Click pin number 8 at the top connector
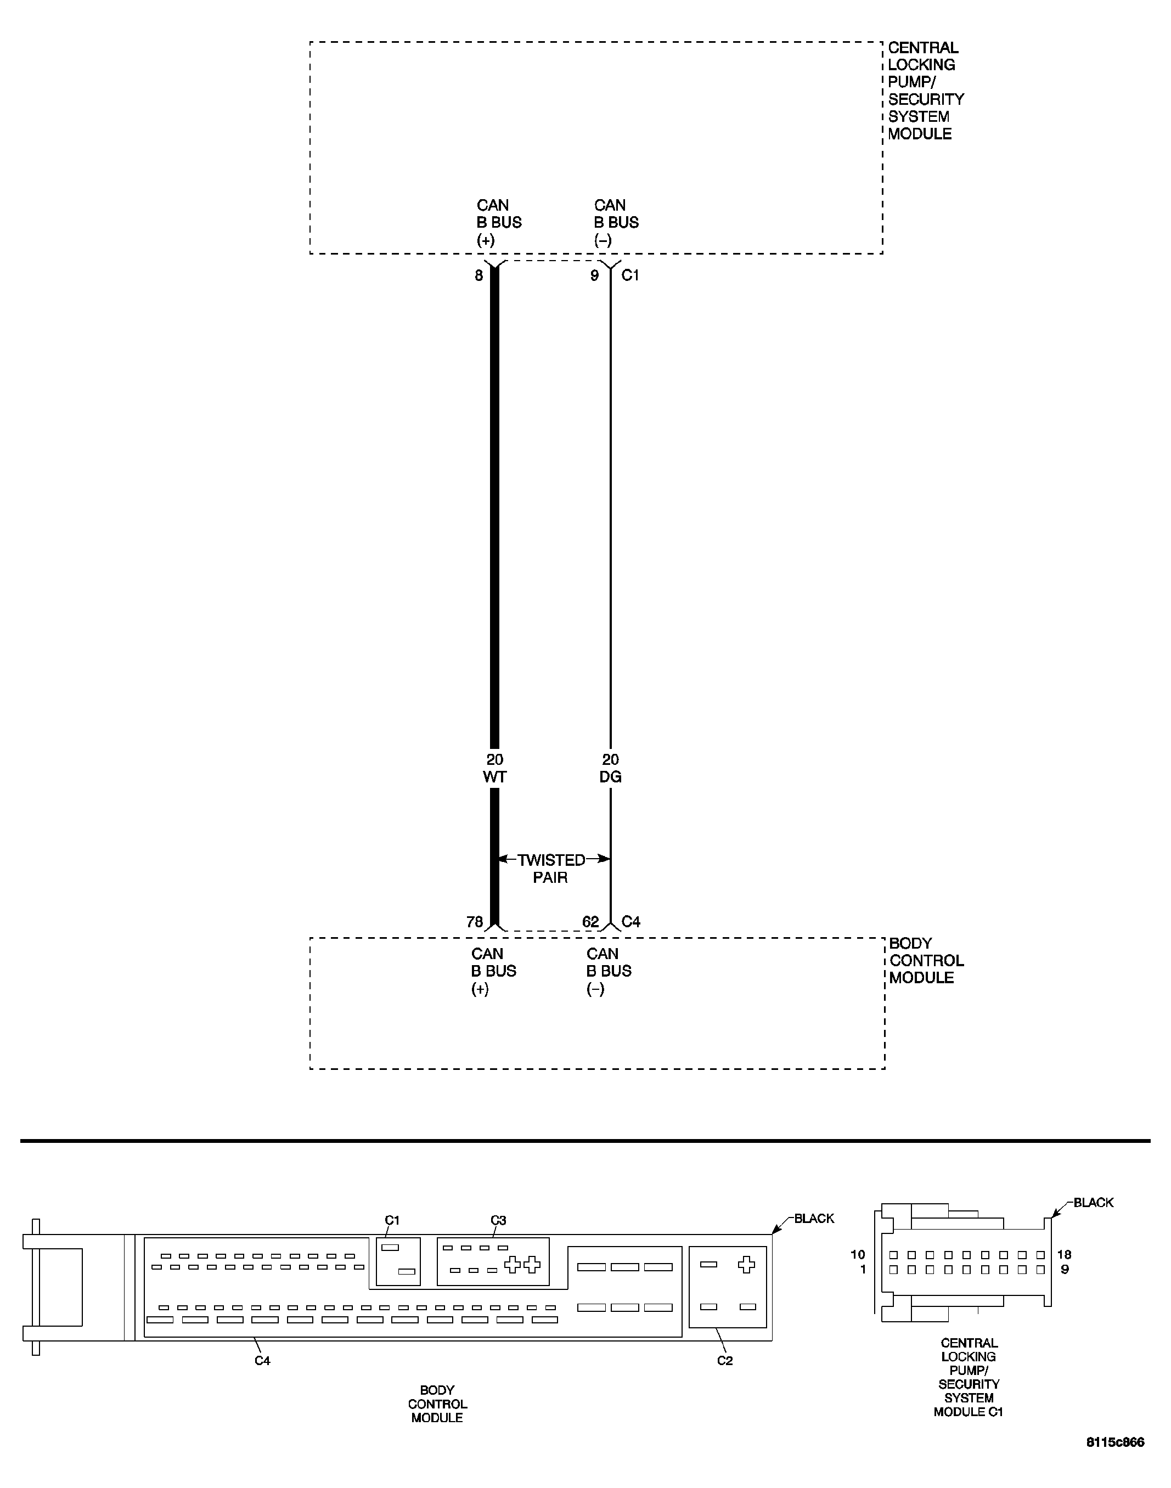pos(478,275)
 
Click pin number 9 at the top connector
pos(594,275)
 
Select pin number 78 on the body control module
pos(475,922)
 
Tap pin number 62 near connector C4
pos(590,922)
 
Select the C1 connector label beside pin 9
pos(630,275)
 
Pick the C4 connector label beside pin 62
pos(630,922)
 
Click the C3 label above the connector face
pos(498,1221)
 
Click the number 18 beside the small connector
pos(1064,1255)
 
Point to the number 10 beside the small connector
pos(858,1255)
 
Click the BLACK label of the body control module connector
pos(814,1219)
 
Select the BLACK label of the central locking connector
pos(1093,1203)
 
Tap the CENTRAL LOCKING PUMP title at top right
pos(926,91)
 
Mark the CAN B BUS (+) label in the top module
pos(498,223)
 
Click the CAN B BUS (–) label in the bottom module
pos(608,971)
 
